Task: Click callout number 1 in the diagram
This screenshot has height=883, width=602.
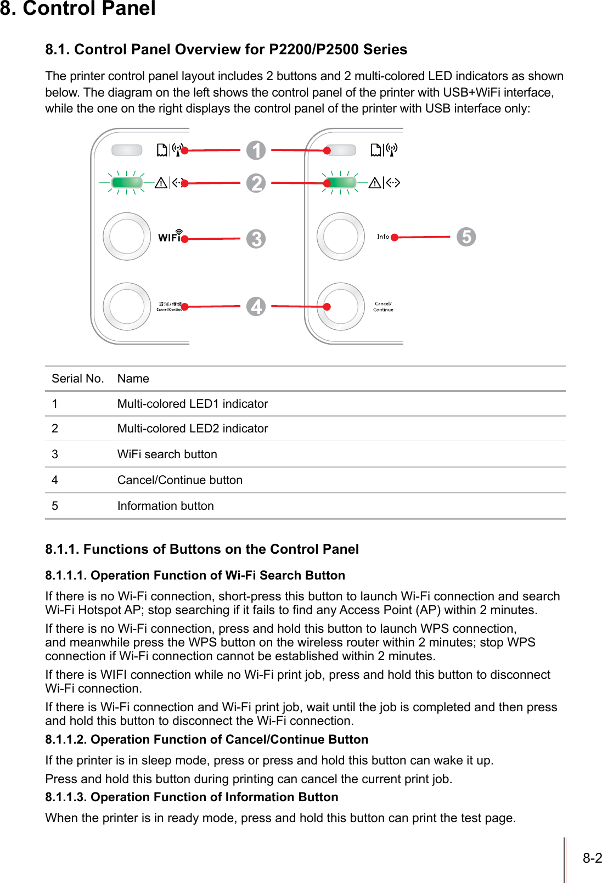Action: pos(256,150)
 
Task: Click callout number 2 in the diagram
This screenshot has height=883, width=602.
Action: pos(256,183)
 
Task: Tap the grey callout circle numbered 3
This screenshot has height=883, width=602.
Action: pos(256,239)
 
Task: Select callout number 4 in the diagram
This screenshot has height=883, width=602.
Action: pos(256,306)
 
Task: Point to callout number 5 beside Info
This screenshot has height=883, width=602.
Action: pos(466,237)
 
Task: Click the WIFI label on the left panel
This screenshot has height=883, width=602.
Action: pos(170,237)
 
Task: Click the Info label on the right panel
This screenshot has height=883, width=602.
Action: pos(383,237)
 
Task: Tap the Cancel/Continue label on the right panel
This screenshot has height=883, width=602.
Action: pos(383,306)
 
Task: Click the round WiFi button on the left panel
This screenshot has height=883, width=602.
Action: pos(127,237)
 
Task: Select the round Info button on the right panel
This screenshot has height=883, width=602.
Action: pos(341,237)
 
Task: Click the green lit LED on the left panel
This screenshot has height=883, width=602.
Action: pos(127,182)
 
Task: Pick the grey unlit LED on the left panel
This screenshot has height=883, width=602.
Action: pos(127,150)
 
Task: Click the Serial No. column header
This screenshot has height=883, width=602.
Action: pos(77,379)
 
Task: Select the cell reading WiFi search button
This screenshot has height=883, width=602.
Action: pos(167,454)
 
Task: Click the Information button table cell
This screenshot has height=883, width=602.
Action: pos(166,506)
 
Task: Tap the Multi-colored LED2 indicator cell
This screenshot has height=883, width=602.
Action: pos(193,429)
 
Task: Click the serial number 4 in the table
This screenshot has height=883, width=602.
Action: pos(55,480)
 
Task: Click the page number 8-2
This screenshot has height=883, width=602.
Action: pos(592,858)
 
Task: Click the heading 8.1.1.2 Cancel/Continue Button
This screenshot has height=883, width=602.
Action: pos(206,740)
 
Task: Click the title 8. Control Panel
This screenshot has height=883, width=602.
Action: pos(78,9)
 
